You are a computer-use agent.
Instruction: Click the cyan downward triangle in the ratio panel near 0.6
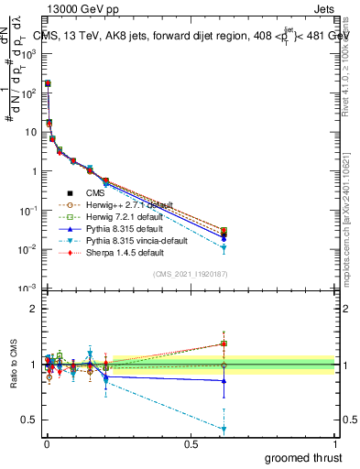(224, 429)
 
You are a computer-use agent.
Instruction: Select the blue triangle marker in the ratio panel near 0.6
(224, 381)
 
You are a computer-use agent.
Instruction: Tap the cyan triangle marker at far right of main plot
(224, 248)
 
